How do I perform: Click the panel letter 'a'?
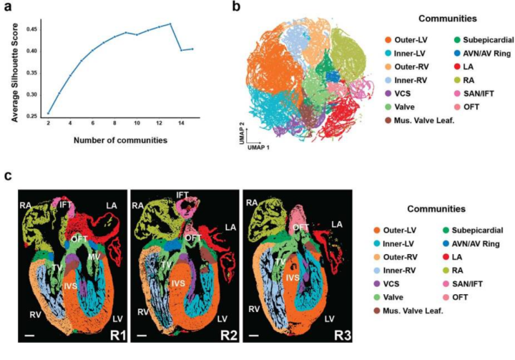(x=7, y=6)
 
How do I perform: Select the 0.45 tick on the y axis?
(x=32, y=29)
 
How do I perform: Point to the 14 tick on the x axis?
(x=181, y=123)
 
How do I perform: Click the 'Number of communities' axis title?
(x=121, y=140)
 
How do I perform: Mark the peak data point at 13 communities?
(x=170, y=24)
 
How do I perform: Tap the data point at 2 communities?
(x=49, y=113)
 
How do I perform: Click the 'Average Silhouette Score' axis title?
(x=15, y=73)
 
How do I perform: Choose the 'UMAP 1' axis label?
(x=258, y=147)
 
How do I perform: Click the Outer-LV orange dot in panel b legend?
(x=388, y=40)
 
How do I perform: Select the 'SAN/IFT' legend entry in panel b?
(x=474, y=94)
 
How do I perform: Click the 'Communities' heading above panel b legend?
(x=447, y=19)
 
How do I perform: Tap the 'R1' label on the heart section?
(x=118, y=336)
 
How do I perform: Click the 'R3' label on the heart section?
(x=343, y=336)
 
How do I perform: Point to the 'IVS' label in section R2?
(x=178, y=283)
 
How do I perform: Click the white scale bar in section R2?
(x=142, y=336)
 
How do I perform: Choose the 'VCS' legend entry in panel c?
(x=387, y=283)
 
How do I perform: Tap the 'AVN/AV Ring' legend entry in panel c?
(x=471, y=243)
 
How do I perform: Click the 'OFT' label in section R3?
(x=301, y=227)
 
